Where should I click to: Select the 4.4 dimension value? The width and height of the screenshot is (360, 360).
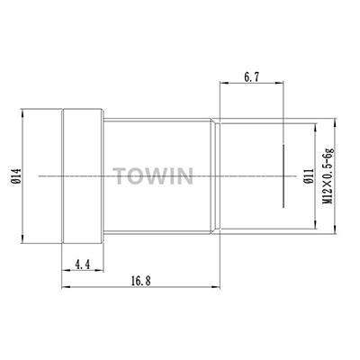[x=80, y=264]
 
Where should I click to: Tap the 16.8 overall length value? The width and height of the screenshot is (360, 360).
[x=140, y=281]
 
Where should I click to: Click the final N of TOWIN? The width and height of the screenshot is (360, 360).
[x=185, y=173]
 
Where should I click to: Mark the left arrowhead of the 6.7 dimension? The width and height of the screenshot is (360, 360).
[x=222, y=87]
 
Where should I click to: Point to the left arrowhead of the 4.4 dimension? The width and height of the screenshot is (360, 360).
[x=63, y=271]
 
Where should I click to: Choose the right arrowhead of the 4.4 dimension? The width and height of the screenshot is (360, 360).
[x=101, y=271]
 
